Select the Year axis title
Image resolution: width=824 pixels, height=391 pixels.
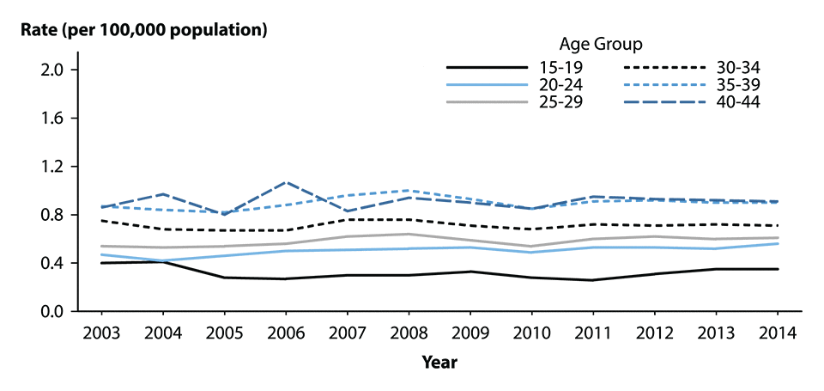click(x=439, y=363)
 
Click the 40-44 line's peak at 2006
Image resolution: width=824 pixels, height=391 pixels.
click(x=286, y=182)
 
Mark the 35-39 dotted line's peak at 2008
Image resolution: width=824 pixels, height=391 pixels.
click(x=409, y=190)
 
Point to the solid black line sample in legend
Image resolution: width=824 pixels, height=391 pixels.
click(x=486, y=67)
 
